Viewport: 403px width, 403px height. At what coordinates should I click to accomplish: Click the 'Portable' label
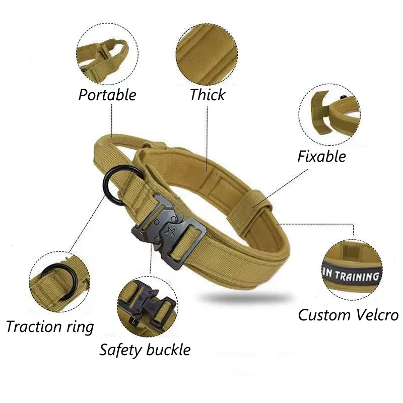107,95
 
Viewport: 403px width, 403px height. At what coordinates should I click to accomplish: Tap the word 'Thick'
208,95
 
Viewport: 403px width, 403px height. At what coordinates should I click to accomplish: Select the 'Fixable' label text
321,156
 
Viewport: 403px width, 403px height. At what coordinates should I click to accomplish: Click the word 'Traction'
34,326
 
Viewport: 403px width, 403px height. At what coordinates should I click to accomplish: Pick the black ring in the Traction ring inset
60,281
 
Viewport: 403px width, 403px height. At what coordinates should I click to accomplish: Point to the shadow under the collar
246,298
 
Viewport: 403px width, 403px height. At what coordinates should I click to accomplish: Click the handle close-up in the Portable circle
107,54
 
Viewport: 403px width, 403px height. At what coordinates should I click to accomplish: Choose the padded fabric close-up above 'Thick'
207,54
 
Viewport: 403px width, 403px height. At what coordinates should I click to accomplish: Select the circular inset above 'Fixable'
329,115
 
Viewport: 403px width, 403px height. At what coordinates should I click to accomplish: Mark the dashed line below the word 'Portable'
112,120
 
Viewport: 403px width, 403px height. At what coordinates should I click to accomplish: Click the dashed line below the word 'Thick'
207,139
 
